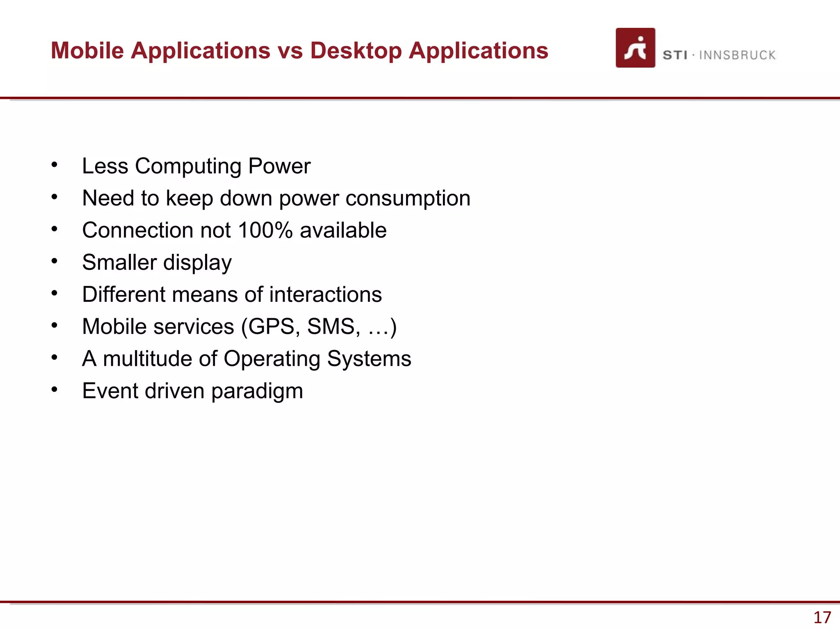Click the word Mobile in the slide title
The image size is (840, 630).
(x=87, y=50)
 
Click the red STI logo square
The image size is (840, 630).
(x=635, y=48)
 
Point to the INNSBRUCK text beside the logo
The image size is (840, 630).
(x=737, y=55)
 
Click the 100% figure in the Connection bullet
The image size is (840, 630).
(x=265, y=230)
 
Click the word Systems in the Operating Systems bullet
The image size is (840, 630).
(x=369, y=359)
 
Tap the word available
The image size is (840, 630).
(x=343, y=230)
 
